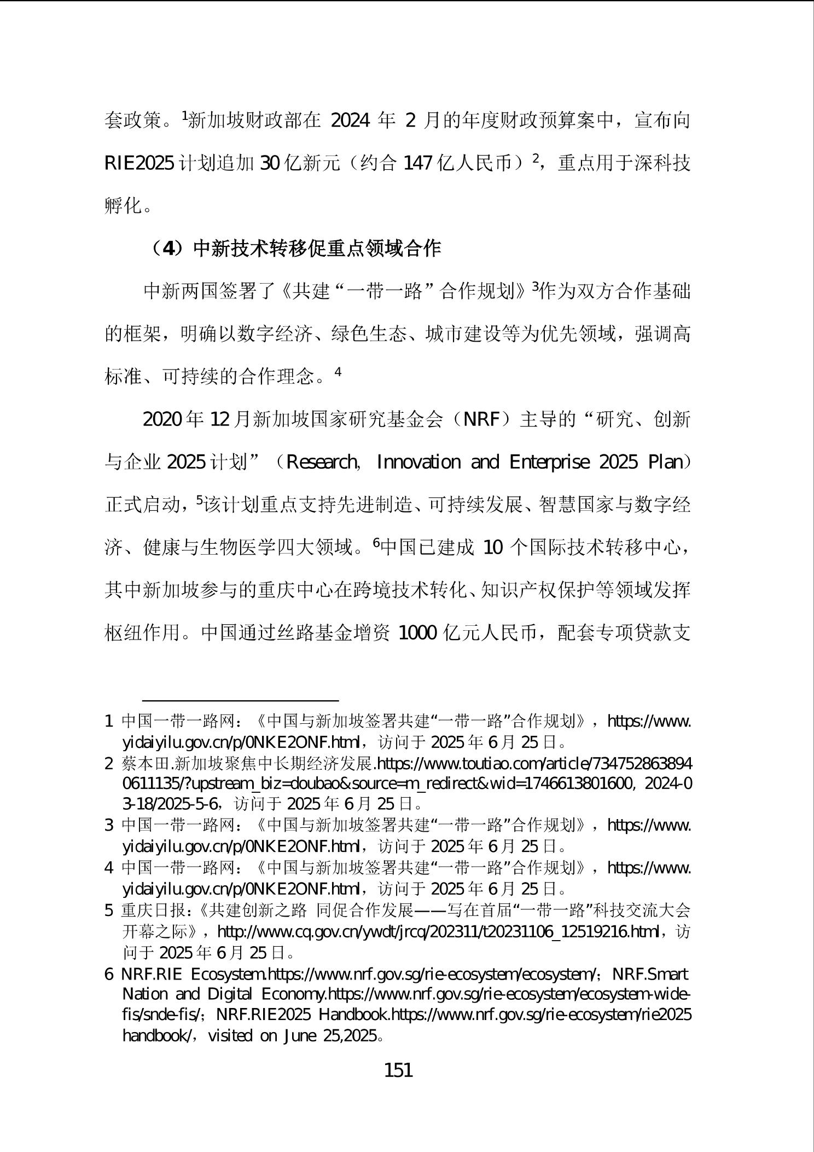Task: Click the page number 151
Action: click(398, 1069)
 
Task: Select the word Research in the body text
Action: click(322, 463)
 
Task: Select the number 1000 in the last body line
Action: click(417, 633)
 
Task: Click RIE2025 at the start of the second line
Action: click(139, 163)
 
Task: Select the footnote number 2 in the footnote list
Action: click(109, 763)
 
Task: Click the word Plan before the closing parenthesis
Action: click(665, 463)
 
